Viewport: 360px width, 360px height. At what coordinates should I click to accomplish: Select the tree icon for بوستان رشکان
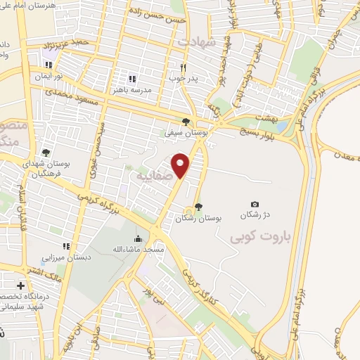[x=199, y=207]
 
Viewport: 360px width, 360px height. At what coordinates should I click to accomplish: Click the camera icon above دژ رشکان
[x=255, y=204]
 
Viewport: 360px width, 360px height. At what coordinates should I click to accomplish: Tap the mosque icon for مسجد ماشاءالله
[x=137, y=238]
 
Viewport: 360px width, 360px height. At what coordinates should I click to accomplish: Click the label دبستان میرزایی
[x=66, y=257]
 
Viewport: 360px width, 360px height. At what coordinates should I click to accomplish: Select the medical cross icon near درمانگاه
[x=21, y=286]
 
